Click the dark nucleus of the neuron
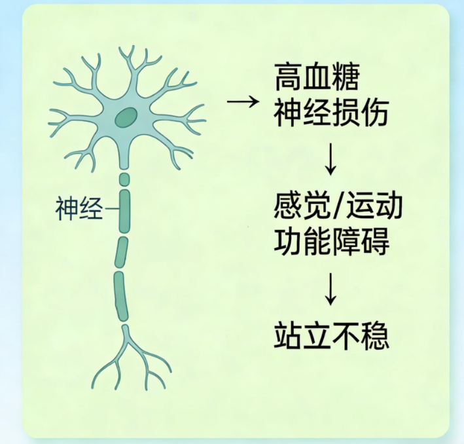[x=126, y=118]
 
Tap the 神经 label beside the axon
[x=79, y=208]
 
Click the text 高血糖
[x=317, y=77]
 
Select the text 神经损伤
[x=331, y=113]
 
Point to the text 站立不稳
[x=331, y=336]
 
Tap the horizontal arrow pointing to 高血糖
[x=243, y=102]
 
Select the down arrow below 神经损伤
[x=330, y=159]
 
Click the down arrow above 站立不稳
[x=330, y=289]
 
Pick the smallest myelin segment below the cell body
[x=124, y=179]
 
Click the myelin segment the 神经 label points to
[x=124, y=211]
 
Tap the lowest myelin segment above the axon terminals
[x=120, y=296]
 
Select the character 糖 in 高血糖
[x=346, y=77]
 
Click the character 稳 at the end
[x=375, y=336]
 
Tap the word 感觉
[x=302, y=206]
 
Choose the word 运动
[x=374, y=206]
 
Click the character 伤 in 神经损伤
[x=374, y=113]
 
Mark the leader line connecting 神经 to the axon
[x=112, y=208]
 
